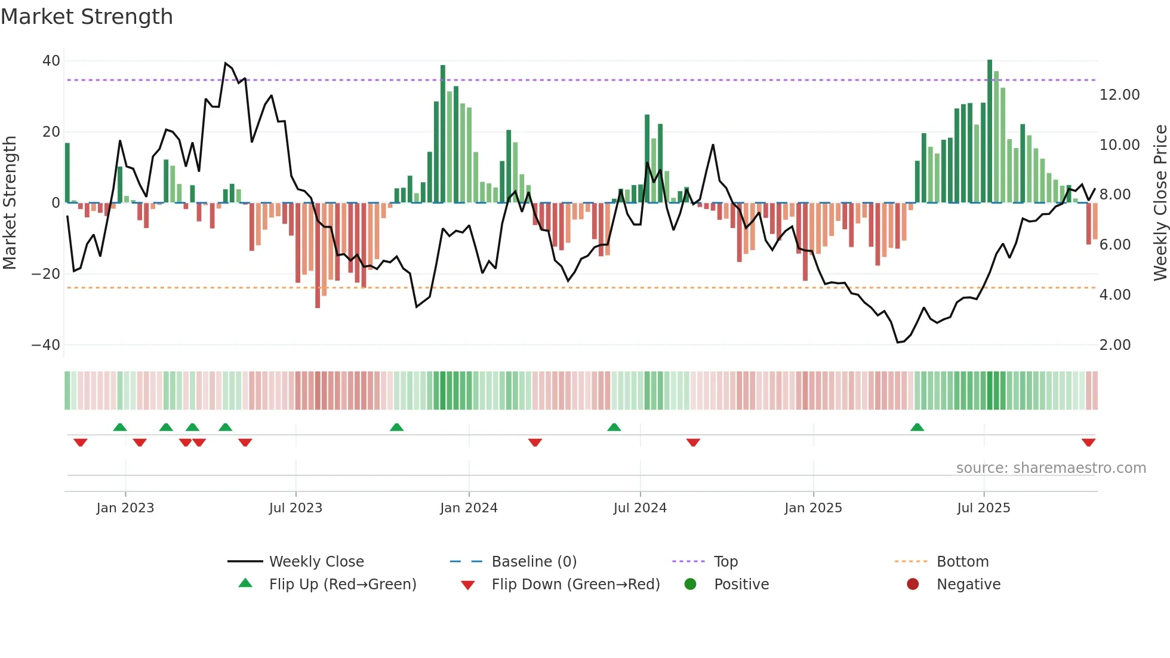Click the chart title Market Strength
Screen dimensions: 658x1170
pyautogui.click(x=87, y=17)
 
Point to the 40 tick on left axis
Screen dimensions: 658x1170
pyautogui.click(x=51, y=61)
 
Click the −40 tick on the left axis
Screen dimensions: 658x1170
pyautogui.click(x=46, y=345)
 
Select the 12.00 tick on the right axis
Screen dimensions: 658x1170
pyautogui.click(x=1119, y=95)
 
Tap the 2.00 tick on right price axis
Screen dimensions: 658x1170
pyautogui.click(x=1114, y=345)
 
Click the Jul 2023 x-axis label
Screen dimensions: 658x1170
pyautogui.click(x=295, y=508)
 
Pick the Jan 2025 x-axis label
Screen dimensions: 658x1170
pyautogui.click(x=813, y=508)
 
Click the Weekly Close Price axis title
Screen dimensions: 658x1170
pyautogui.click(x=1160, y=203)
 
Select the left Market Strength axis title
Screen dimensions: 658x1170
pyautogui.click(x=10, y=203)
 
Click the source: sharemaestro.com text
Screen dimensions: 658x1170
pyautogui.click(x=1051, y=468)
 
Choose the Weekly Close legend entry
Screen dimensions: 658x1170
pyautogui.click(x=316, y=562)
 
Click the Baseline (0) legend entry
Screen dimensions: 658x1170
pyautogui.click(x=534, y=562)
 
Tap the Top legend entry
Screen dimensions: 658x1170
pyautogui.click(x=726, y=562)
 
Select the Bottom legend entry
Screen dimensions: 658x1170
pyautogui.click(x=962, y=562)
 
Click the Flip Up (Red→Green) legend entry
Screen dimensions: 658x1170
pyautogui.click(x=342, y=585)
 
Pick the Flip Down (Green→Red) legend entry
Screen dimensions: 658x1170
pyautogui.click(x=575, y=585)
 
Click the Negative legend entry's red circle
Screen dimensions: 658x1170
pyautogui.click(x=913, y=584)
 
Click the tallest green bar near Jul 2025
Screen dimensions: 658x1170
pyautogui.click(x=990, y=131)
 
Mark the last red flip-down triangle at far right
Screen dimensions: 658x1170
pyautogui.click(x=1088, y=442)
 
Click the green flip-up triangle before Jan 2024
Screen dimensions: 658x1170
pyautogui.click(x=396, y=427)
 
